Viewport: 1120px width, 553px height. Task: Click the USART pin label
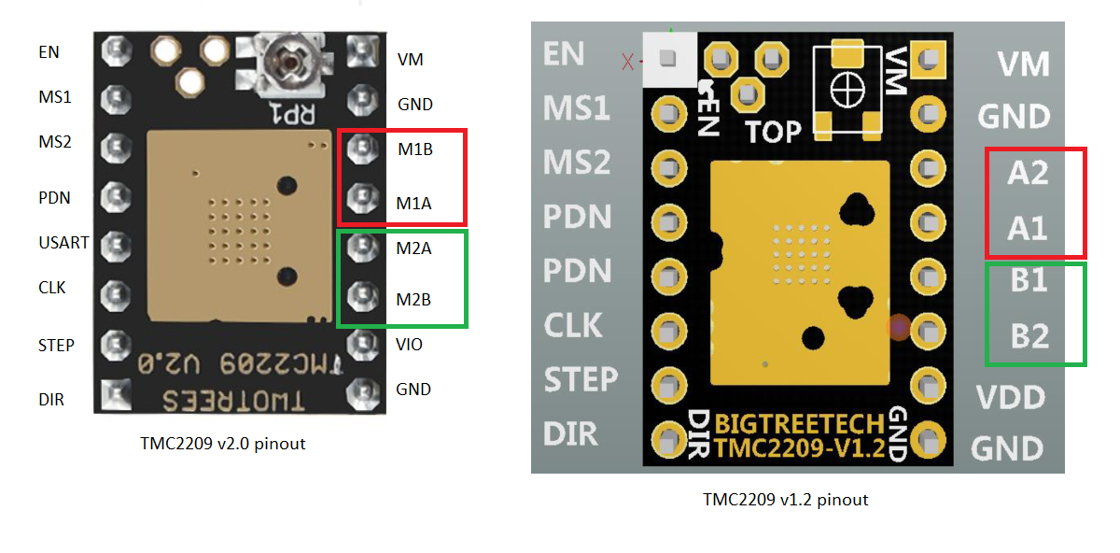pyautogui.click(x=64, y=243)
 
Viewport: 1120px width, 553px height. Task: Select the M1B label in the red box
pyautogui.click(x=414, y=149)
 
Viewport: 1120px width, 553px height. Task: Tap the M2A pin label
pyautogui.click(x=414, y=248)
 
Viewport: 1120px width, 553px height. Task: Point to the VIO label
pyautogui.click(x=409, y=345)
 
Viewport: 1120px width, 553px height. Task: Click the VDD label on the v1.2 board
pyautogui.click(x=1010, y=398)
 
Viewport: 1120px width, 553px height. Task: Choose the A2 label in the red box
pyautogui.click(x=1028, y=173)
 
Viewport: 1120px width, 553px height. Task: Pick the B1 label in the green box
pyautogui.click(x=1029, y=281)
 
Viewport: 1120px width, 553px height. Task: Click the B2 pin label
pyautogui.click(x=1029, y=335)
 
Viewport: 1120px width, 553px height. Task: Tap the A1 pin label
pyautogui.click(x=1028, y=227)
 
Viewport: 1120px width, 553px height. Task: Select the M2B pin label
pyautogui.click(x=414, y=300)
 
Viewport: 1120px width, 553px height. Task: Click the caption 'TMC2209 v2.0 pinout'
pyautogui.click(x=222, y=444)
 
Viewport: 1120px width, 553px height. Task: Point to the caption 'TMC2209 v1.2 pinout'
pyautogui.click(x=785, y=500)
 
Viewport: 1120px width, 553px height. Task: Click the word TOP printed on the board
pyautogui.click(x=773, y=132)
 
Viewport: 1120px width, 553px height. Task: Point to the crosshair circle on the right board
pyautogui.click(x=847, y=91)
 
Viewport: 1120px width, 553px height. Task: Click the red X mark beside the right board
pyautogui.click(x=627, y=62)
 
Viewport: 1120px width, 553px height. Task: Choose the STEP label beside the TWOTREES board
pyautogui.click(x=56, y=346)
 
